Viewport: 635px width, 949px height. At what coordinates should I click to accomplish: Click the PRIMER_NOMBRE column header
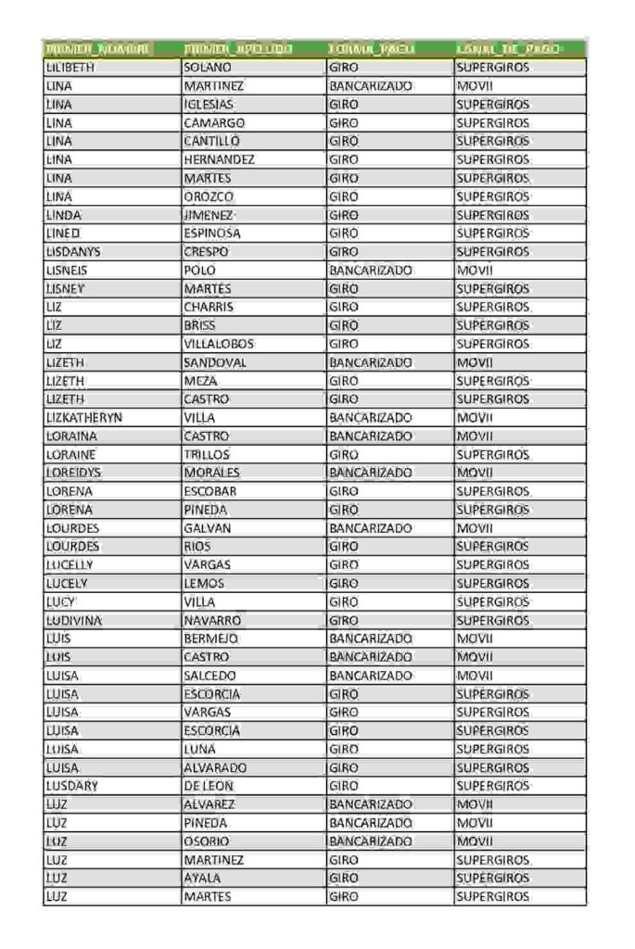[x=99, y=49]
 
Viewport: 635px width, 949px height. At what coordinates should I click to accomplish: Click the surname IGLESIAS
[x=209, y=105]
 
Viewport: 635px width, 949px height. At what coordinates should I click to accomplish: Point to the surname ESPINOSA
[x=212, y=234]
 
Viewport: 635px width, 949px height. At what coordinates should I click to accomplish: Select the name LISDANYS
[x=73, y=252]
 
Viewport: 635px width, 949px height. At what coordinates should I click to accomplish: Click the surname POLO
[x=199, y=271]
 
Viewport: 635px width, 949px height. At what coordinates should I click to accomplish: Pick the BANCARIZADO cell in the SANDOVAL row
[x=370, y=362]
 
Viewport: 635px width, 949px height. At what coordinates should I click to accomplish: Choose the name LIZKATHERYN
[x=84, y=418]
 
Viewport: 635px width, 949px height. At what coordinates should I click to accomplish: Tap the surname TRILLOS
[x=207, y=455]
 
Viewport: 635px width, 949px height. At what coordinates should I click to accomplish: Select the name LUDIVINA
[x=74, y=621]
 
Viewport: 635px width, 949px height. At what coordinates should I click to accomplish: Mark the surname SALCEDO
[x=210, y=676]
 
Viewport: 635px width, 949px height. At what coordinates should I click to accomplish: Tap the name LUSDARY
[x=72, y=786]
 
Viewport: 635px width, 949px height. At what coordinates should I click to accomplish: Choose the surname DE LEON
[x=209, y=786]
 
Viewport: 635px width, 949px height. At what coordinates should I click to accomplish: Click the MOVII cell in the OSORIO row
[x=475, y=841]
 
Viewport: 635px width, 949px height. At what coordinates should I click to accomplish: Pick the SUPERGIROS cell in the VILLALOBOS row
[x=492, y=344]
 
